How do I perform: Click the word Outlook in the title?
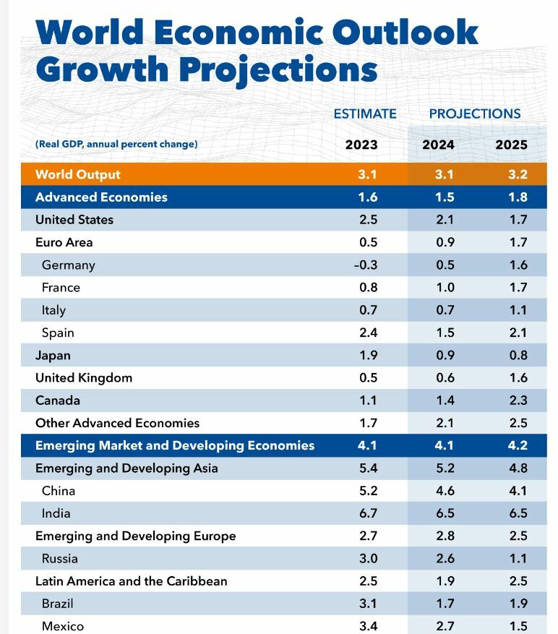coord(406,33)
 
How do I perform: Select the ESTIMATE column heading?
coord(365,113)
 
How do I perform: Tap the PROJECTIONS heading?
coord(475,113)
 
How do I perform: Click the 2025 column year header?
coord(511,145)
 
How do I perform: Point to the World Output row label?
coord(78,174)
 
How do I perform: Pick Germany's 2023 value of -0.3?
coord(366,265)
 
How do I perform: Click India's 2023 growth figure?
coord(368,513)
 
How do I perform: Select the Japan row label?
coord(53,355)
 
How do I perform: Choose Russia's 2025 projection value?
coord(518,558)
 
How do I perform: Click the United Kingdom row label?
coord(84,377)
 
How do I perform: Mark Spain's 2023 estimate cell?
coord(368,333)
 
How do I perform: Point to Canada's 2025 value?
coord(518,400)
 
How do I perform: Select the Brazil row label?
coord(58,603)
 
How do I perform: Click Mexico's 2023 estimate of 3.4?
coord(368,626)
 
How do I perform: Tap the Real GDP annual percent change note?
coord(116,144)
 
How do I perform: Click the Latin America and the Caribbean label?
coord(132,581)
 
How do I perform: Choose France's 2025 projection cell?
coord(518,287)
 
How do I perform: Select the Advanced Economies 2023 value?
coord(368,197)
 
